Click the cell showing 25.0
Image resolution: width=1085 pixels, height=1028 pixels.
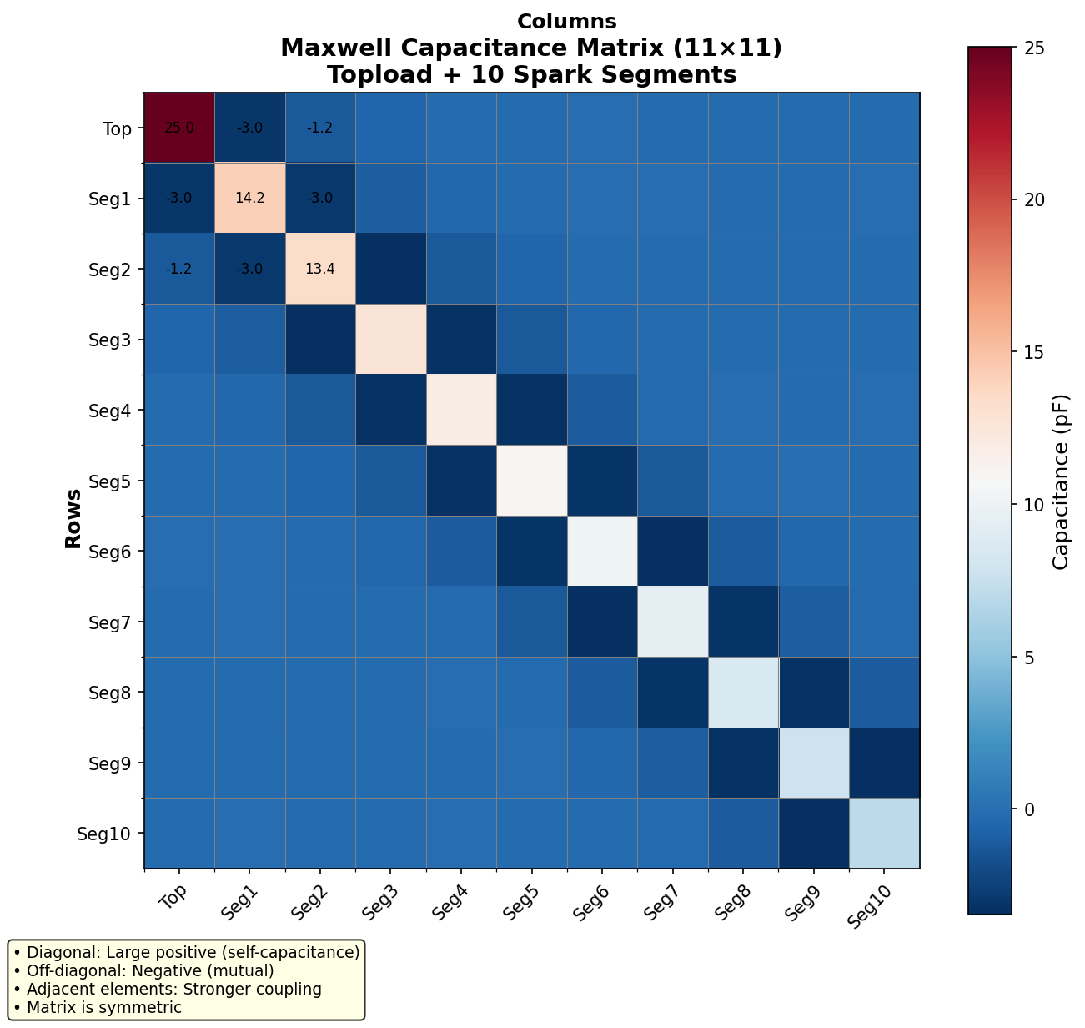[x=179, y=128]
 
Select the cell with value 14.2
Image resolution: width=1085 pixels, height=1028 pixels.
[x=250, y=199]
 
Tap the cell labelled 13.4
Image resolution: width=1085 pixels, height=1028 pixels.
[x=320, y=269]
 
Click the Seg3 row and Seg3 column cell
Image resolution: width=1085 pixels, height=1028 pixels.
[x=391, y=340]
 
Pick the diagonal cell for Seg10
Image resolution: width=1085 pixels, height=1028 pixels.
[x=884, y=833]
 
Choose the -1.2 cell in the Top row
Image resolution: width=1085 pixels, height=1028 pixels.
[x=320, y=128]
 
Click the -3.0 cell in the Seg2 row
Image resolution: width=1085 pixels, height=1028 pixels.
[x=250, y=269]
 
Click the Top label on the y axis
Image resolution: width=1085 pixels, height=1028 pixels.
[x=117, y=128]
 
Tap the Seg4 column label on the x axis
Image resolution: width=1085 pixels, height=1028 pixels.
[x=449, y=899]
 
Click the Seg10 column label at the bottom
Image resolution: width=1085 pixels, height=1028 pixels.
[x=872, y=904]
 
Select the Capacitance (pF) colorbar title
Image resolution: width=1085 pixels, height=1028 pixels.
[x=1060, y=481]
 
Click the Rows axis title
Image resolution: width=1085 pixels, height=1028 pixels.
[x=73, y=518]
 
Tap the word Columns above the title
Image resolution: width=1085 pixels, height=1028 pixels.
[x=566, y=22]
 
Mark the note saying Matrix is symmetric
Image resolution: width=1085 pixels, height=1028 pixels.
[x=103, y=1007]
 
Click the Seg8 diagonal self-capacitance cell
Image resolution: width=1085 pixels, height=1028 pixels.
[x=743, y=692]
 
